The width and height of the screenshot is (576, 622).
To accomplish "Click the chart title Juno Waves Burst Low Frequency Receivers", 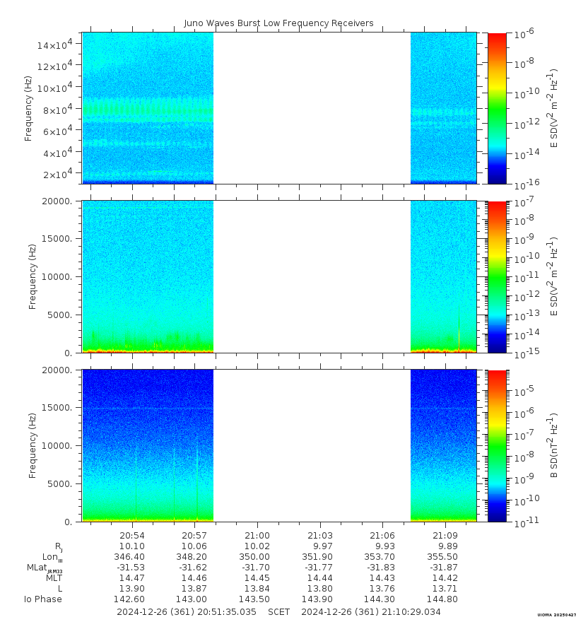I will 278,23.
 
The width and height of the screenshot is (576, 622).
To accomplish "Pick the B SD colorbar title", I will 554,445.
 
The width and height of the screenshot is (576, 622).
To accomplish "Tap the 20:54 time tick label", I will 132,535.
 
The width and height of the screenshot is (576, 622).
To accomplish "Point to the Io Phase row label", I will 43,599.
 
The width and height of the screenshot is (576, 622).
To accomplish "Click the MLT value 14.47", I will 132,577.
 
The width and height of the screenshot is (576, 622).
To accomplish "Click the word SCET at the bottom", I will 278,611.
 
